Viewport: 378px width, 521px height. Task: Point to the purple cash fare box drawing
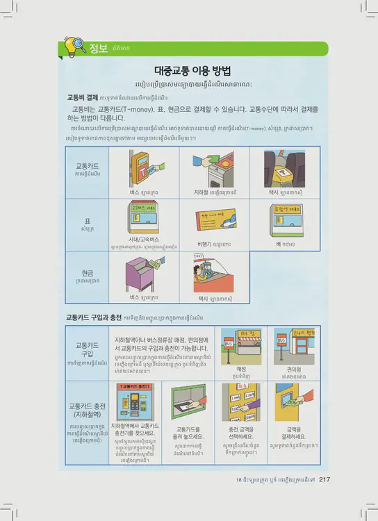point(146,273)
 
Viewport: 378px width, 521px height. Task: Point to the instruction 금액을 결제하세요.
point(295,433)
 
